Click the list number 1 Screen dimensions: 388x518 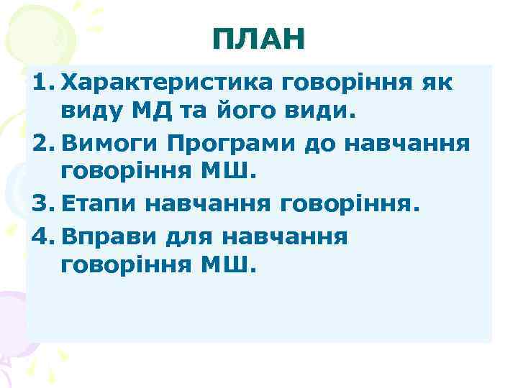40,83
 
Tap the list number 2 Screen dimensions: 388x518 40,143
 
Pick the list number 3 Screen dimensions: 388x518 40,204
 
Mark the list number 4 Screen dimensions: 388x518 40,235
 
